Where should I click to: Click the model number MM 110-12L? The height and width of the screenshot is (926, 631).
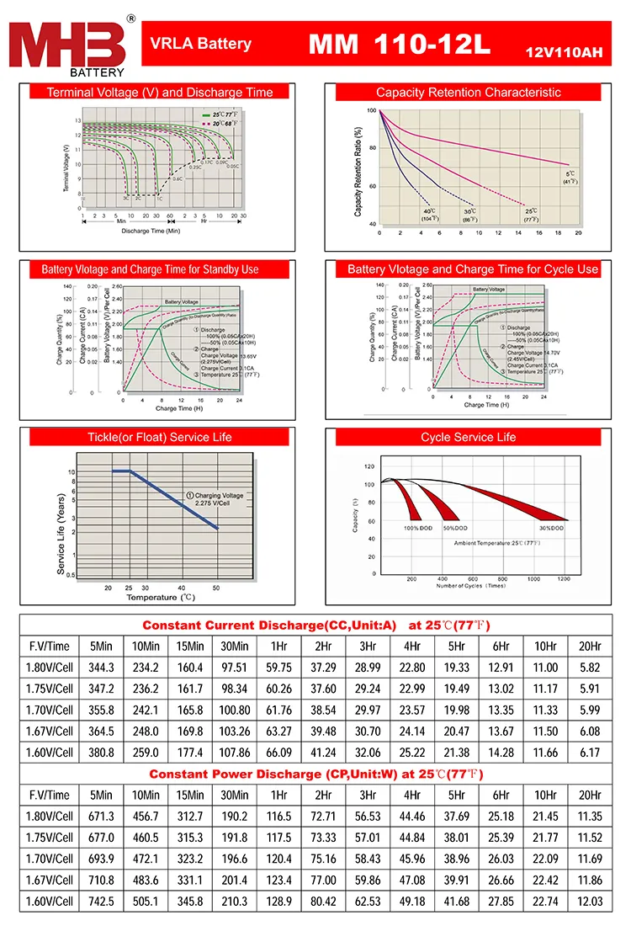pos(399,45)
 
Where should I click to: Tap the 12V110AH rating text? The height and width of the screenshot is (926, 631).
pos(563,53)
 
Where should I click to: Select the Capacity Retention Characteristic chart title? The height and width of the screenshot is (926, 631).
pos(468,93)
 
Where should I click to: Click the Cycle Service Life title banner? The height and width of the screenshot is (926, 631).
pos(468,438)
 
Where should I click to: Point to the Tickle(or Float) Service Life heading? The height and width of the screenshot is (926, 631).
pos(159,438)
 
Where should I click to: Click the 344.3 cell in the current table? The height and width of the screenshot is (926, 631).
pos(100,668)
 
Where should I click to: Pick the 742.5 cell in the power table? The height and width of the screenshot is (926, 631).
pos(100,902)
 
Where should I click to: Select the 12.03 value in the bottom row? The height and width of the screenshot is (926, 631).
pos(591,902)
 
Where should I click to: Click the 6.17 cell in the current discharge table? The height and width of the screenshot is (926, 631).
pos(591,752)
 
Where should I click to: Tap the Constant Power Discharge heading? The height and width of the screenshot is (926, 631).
pos(315,774)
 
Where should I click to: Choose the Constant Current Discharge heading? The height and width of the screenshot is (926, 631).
pos(315,625)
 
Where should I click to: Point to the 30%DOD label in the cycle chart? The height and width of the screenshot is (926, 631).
pos(551,528)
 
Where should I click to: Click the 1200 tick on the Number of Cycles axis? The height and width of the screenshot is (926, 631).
pos(563,580)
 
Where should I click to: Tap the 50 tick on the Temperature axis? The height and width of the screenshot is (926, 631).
pos(216,588)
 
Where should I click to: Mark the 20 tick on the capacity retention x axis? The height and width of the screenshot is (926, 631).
pos(578,232)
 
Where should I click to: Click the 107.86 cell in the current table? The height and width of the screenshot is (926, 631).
pos(234,752)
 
